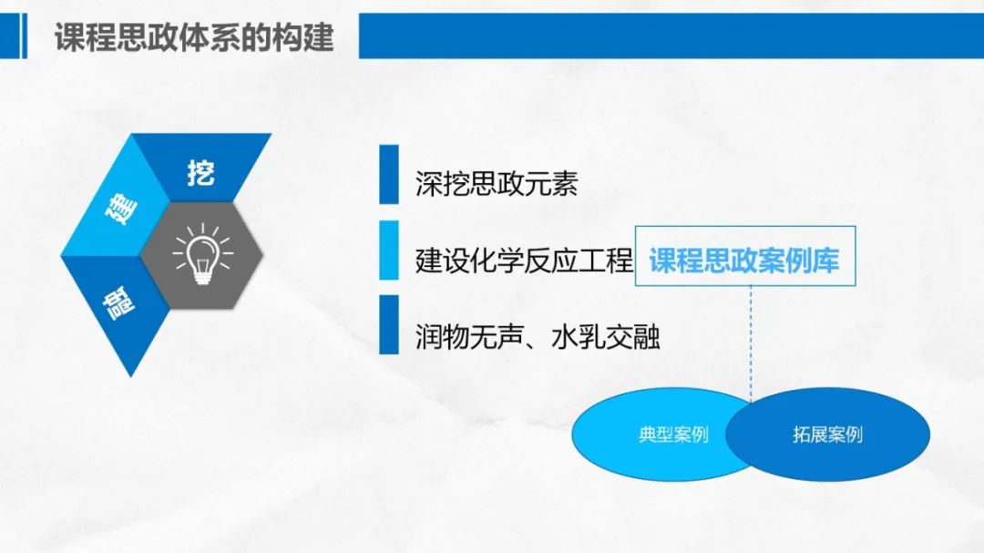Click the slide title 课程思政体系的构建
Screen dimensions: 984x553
coord(194,37)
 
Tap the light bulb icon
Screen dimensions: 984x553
coord(202,254)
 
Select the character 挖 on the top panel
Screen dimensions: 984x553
coord(200,172)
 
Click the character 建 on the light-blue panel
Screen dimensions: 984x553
coord(120,210)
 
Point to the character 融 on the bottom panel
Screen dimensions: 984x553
coord(118,303)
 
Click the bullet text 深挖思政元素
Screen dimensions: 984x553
coord(497,184)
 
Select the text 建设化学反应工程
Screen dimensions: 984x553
coord(524,260)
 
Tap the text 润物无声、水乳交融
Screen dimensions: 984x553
coord(538,336)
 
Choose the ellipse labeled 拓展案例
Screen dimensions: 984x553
coord(827,434)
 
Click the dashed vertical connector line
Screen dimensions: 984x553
coord(751,343)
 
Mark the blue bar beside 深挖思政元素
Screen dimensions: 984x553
coord(389,175)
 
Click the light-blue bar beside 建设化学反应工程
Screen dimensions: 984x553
coord(389,250)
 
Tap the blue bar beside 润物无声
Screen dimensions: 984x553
coord(389,324)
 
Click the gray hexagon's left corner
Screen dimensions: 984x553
coord(140,255)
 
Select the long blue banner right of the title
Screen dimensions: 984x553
coord(671,36)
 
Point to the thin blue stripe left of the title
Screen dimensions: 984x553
coord(25,36)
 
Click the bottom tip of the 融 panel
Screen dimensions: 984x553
coord(130,376)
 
